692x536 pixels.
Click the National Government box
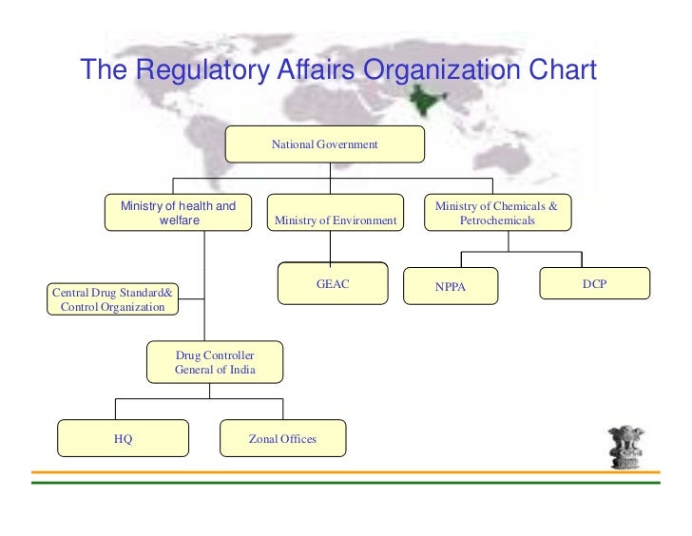click(324, 144)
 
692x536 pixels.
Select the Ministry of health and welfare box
click(178, 214)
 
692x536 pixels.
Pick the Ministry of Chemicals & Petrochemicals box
click(496, 214)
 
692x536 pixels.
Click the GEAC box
click(333, 283)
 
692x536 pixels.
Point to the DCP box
click(594, 284)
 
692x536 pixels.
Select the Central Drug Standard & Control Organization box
click(112, 299)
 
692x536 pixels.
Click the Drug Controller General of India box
click(215, 362)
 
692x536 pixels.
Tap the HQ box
click(123, 439)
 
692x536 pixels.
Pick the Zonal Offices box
click(282, 439)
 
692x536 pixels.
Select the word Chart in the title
click(562, 71)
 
